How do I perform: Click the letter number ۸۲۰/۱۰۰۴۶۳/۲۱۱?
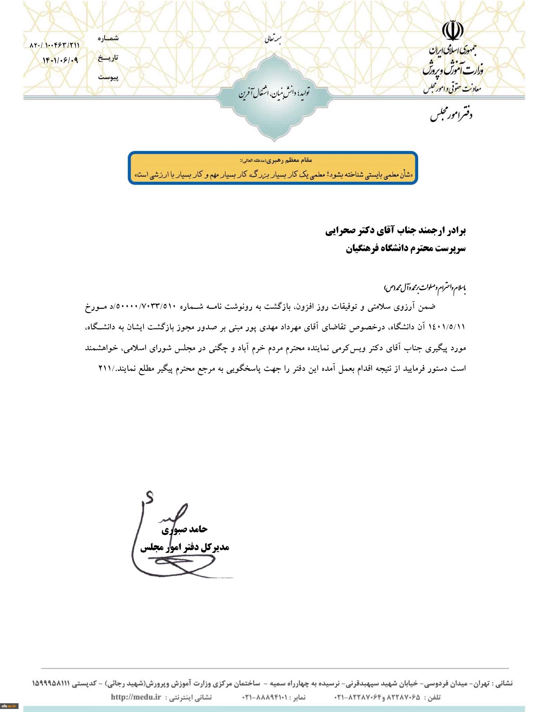tap(55, 45)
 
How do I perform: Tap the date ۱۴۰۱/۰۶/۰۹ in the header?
tap(60, 61)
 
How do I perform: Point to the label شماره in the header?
tap(108, 38)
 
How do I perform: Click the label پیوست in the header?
tap(108, 77)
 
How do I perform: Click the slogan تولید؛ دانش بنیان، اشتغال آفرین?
tap(274, 94)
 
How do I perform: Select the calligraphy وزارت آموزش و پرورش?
tap(453, 69)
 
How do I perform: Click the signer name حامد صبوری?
tap(184, 529)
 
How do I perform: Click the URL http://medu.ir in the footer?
tap(136, 697)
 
